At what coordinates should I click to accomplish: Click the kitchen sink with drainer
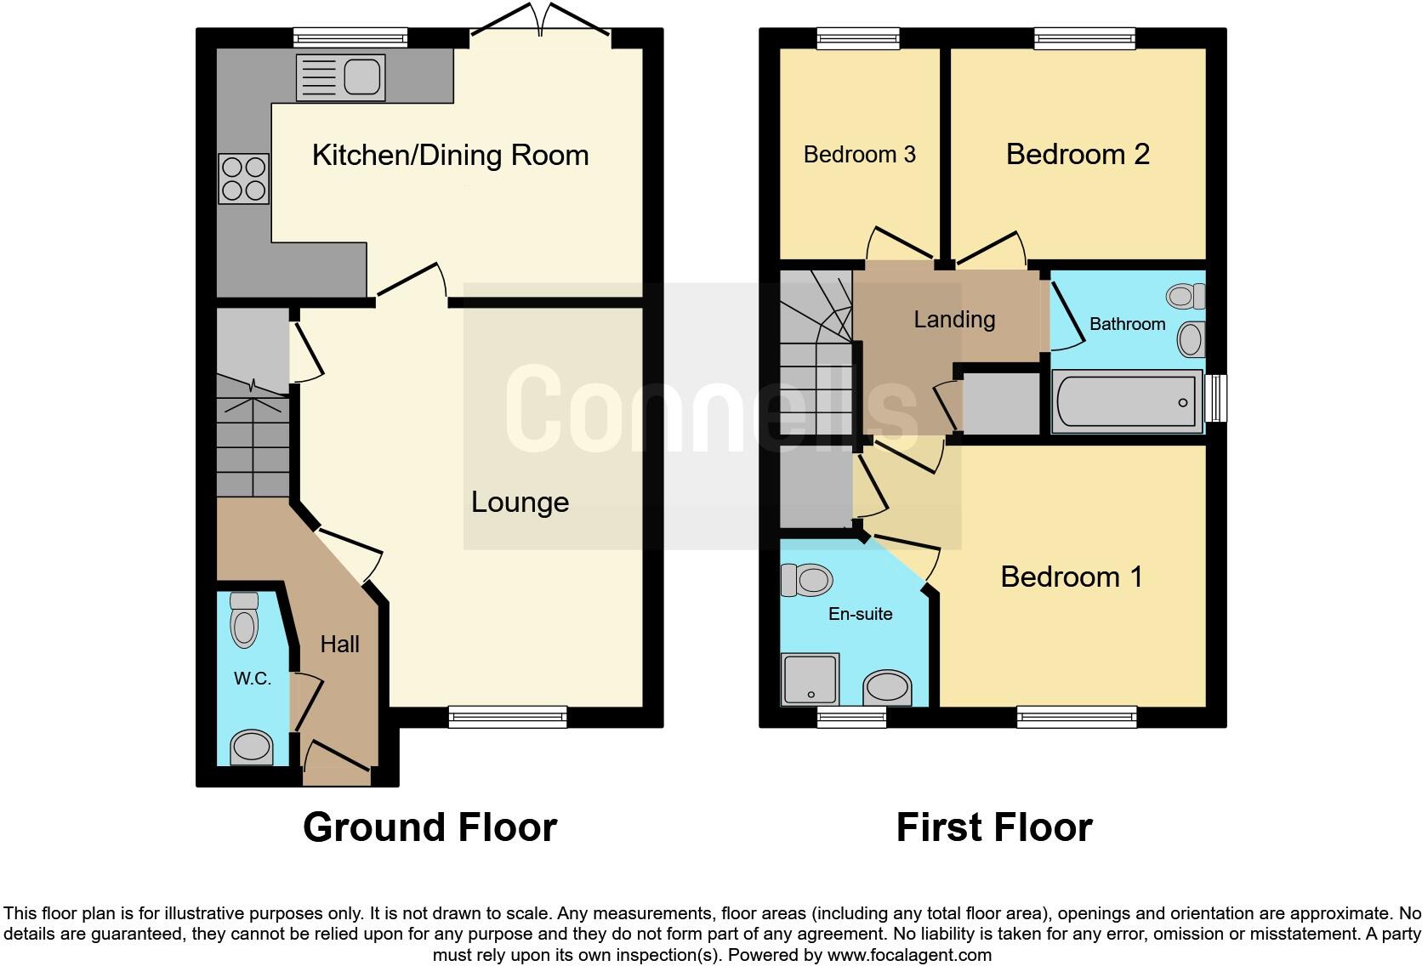[x=340, y=77]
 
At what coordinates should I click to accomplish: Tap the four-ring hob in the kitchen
[x=244, y=179]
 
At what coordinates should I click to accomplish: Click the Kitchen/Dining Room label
[x=450, y=155]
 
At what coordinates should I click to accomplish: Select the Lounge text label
[x=520, y=503]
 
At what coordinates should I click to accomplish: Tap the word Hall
[x=339, y=645]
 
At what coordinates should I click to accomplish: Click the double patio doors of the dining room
[x=540, y=22]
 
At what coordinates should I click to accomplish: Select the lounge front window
[x=507, y=718]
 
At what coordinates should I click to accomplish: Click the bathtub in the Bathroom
[x=1127, y=402]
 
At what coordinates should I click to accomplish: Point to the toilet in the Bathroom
[x=1186, y=296]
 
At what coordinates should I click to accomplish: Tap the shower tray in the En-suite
[x=810, y=679]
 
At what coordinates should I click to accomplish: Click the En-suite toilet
[x=806, y=581]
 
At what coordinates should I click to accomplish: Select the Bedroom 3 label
[x=859, y=155]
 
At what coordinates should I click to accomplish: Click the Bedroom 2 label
[x=1078, y=155]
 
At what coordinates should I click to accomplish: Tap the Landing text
[x=954, y=320]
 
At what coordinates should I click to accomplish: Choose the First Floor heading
[x=993, y=827]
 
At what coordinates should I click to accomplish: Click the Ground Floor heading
[x=429, y=827]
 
